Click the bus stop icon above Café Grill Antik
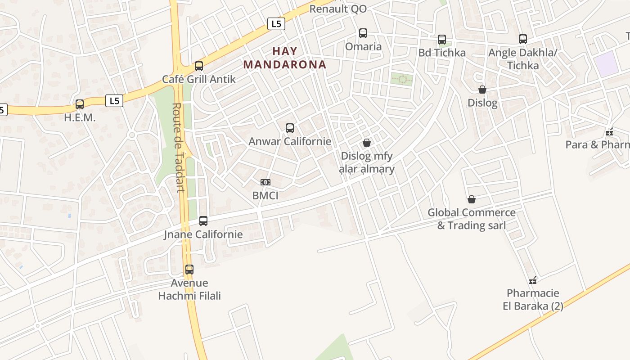(199, 66)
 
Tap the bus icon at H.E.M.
(80, 104)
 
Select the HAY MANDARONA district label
(285, 58)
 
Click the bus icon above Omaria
(363, 33)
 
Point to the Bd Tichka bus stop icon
(442, 40)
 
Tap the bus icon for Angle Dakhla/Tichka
(522, 39)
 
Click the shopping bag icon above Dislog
(482, 90)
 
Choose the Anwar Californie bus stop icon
(290, 128)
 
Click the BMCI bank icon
(265, 182)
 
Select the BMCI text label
(265, 196)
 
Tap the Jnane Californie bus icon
(203, 221)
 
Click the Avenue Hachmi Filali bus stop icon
(189, 270)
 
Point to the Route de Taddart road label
(178, 148)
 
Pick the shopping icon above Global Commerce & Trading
(472, 199)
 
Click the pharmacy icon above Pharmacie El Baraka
(533, 280)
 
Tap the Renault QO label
(338, 9)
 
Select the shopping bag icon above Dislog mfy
(367, 143)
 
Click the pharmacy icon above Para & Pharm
(610, 132)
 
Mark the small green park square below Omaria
(401, 79)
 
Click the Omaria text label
(363, 46)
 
